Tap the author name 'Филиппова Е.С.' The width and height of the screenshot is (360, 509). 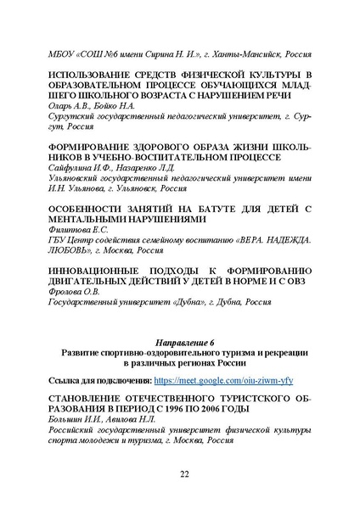point(79,229)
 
